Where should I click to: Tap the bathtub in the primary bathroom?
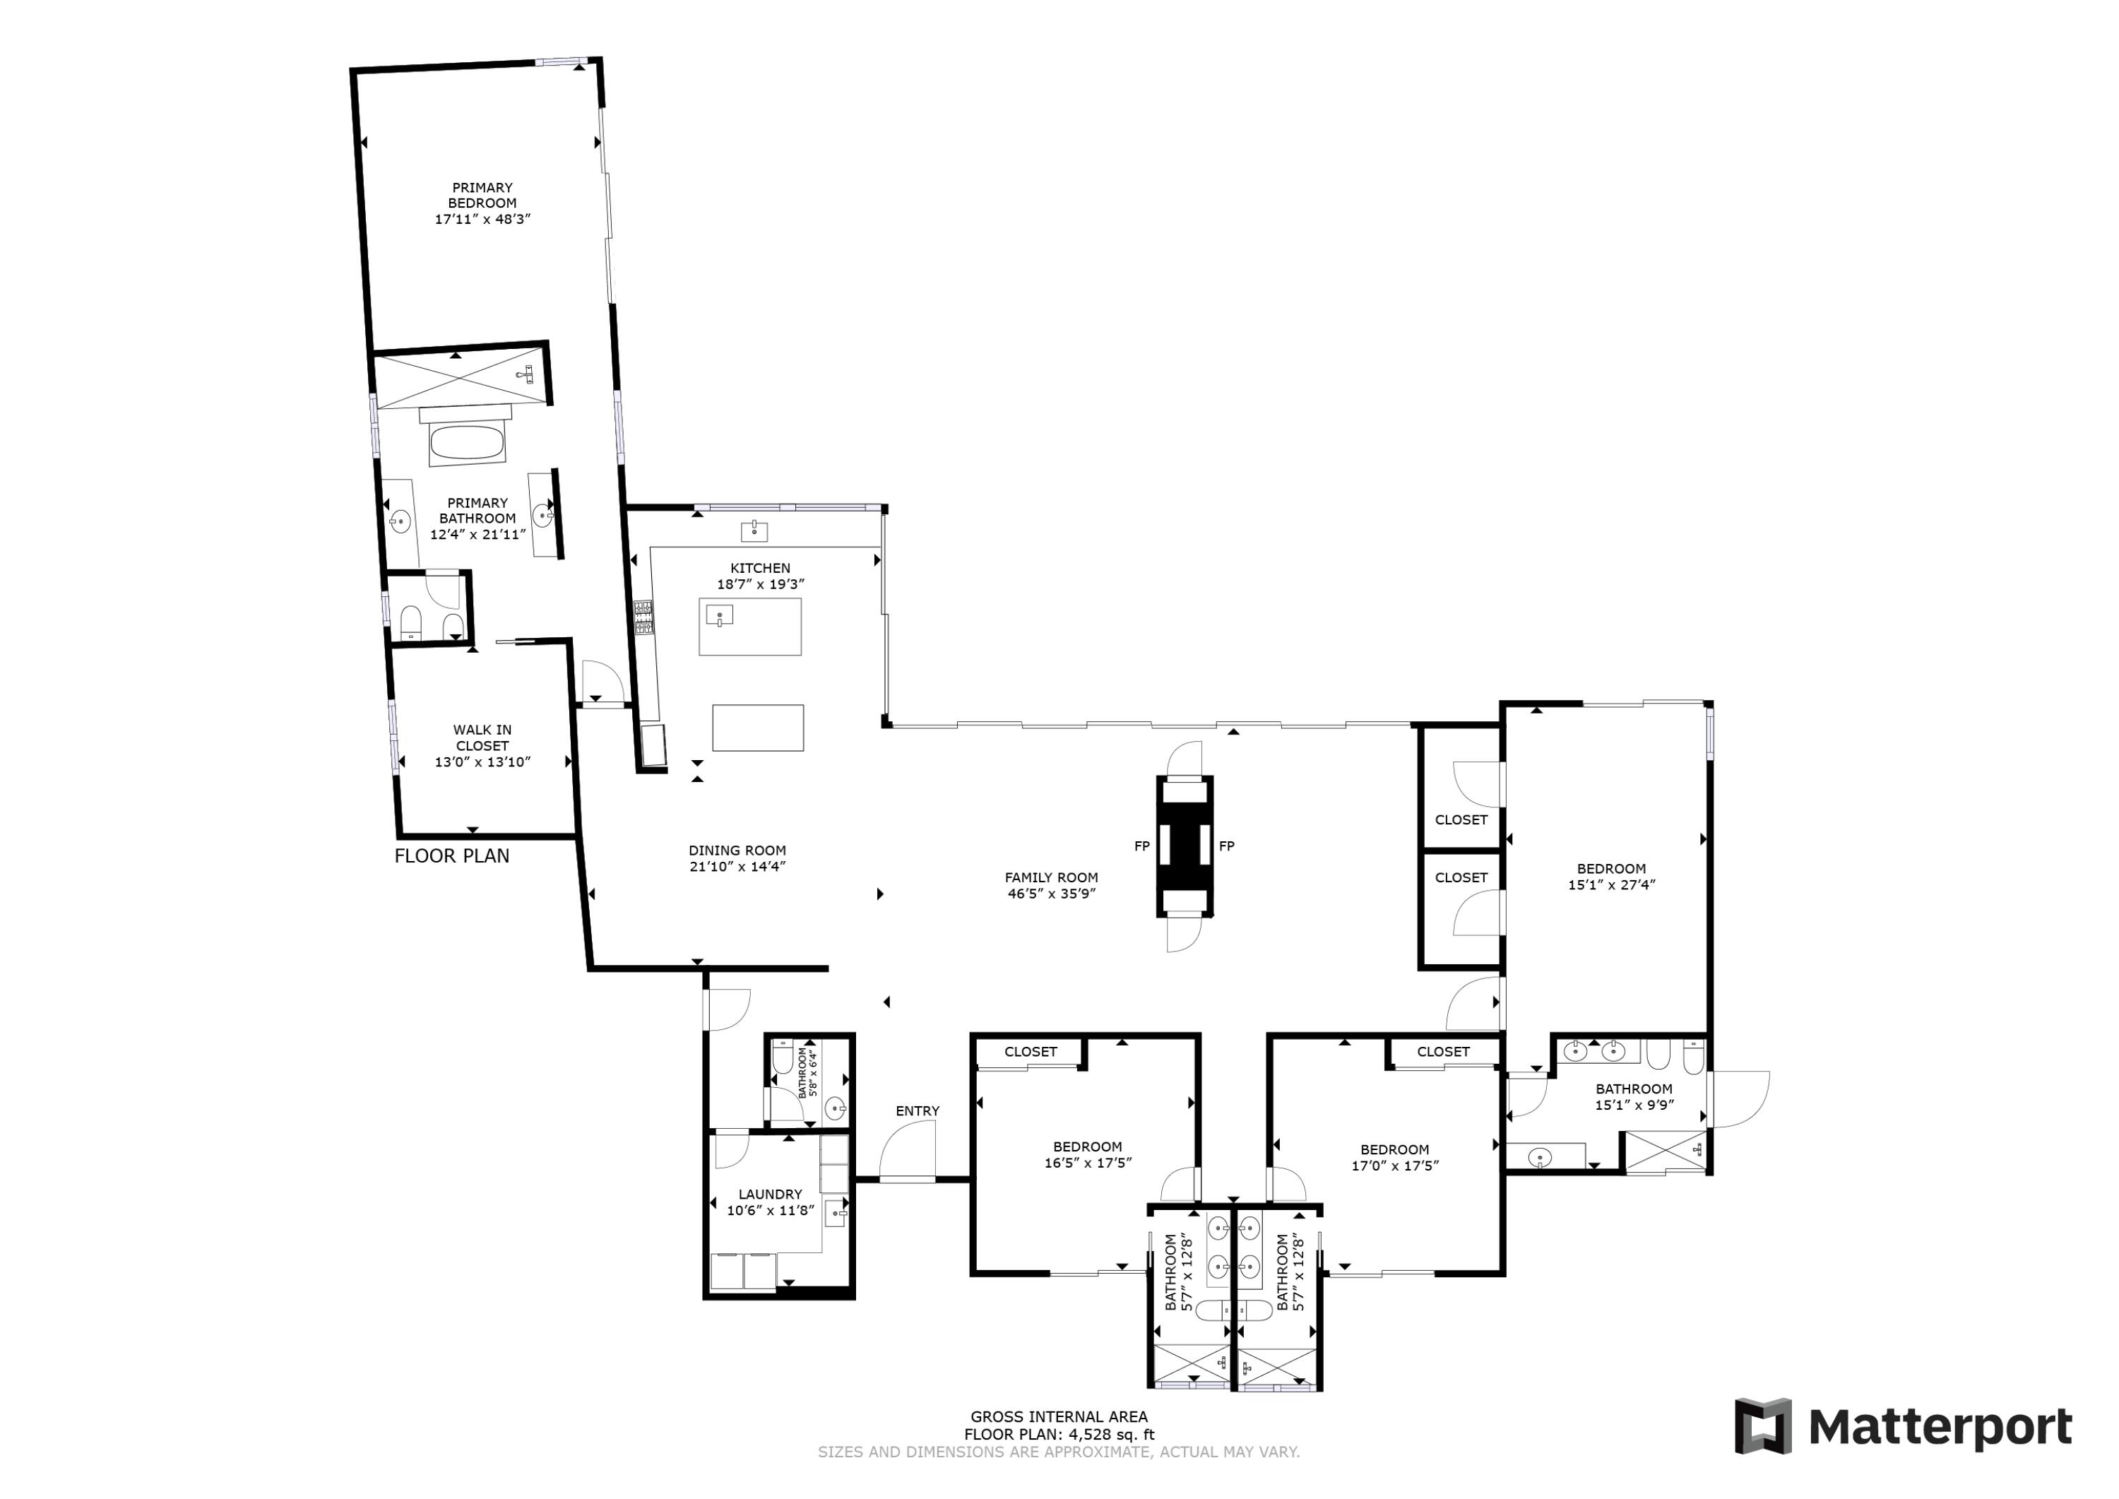(x=467, y=442)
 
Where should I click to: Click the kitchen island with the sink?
(x=749, y=627)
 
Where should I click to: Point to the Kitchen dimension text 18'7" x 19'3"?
(x=761, y=584)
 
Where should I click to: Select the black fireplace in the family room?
(x=1185, y=846)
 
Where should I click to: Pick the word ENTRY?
(x=918, y=1111)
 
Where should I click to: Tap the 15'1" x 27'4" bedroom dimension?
(x=1611, y=884)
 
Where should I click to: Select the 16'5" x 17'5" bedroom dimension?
(x=1088, y=1163)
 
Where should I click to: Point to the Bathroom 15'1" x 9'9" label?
(x=1634, y=1096)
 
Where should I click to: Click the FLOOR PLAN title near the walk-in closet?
(x=452, y=857)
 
